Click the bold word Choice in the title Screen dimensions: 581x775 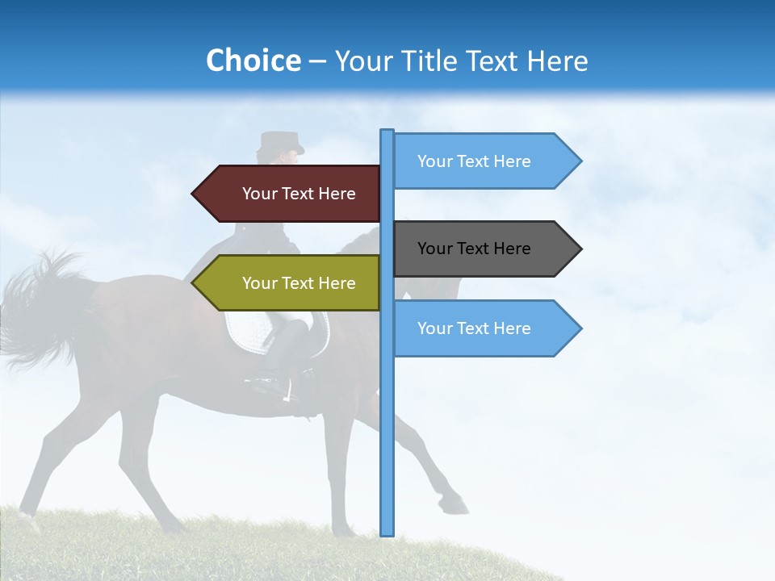[253, 61]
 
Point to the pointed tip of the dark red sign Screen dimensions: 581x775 [195, 194]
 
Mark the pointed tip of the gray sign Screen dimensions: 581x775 [579, 249]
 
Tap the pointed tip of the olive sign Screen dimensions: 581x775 [195, 283]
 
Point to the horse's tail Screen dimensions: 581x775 [40, 307]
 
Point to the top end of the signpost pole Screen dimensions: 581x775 [387, 133]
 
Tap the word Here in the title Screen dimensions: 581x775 [557, 61]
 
